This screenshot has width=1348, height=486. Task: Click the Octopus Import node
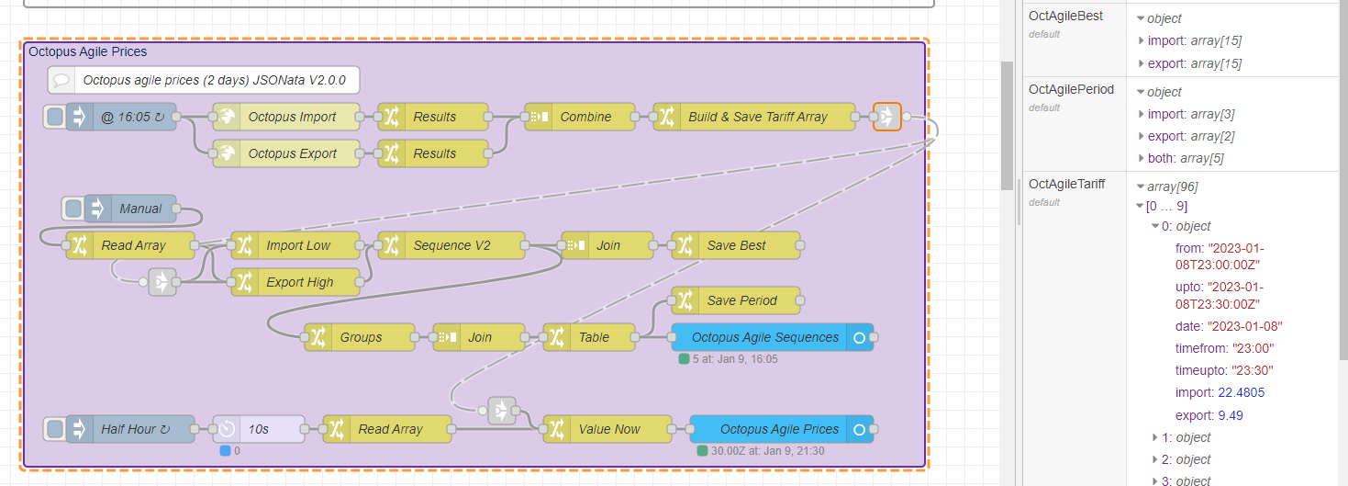tap(292, 117)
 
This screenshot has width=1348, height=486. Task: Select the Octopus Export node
tap(292, 153)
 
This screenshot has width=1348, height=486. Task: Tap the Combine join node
tap(585, 117)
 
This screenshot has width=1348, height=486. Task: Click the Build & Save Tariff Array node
tap(757, 117)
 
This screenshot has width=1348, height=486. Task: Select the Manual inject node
tap(139, 209)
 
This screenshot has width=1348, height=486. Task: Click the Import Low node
tap(298, 245)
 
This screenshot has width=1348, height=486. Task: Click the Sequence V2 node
tap(451, 245)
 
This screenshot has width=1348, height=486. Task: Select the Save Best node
tap(736, 245)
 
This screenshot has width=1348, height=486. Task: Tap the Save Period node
tap(741, 300)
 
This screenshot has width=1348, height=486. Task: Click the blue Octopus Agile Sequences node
tap(764, 337)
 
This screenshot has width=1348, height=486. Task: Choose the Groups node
tap(361, 337)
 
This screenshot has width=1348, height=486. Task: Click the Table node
tap(594, 337)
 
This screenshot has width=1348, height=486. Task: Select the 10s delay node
tap(259, 429)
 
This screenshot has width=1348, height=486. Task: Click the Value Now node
tap(609, 429)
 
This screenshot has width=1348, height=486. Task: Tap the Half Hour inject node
tap(128, 429)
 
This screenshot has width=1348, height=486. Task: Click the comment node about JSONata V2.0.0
tap(213, 80)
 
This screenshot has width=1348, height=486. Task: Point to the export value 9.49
tap(1231, 415)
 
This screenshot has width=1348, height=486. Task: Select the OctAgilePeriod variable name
tap(1071, 89)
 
